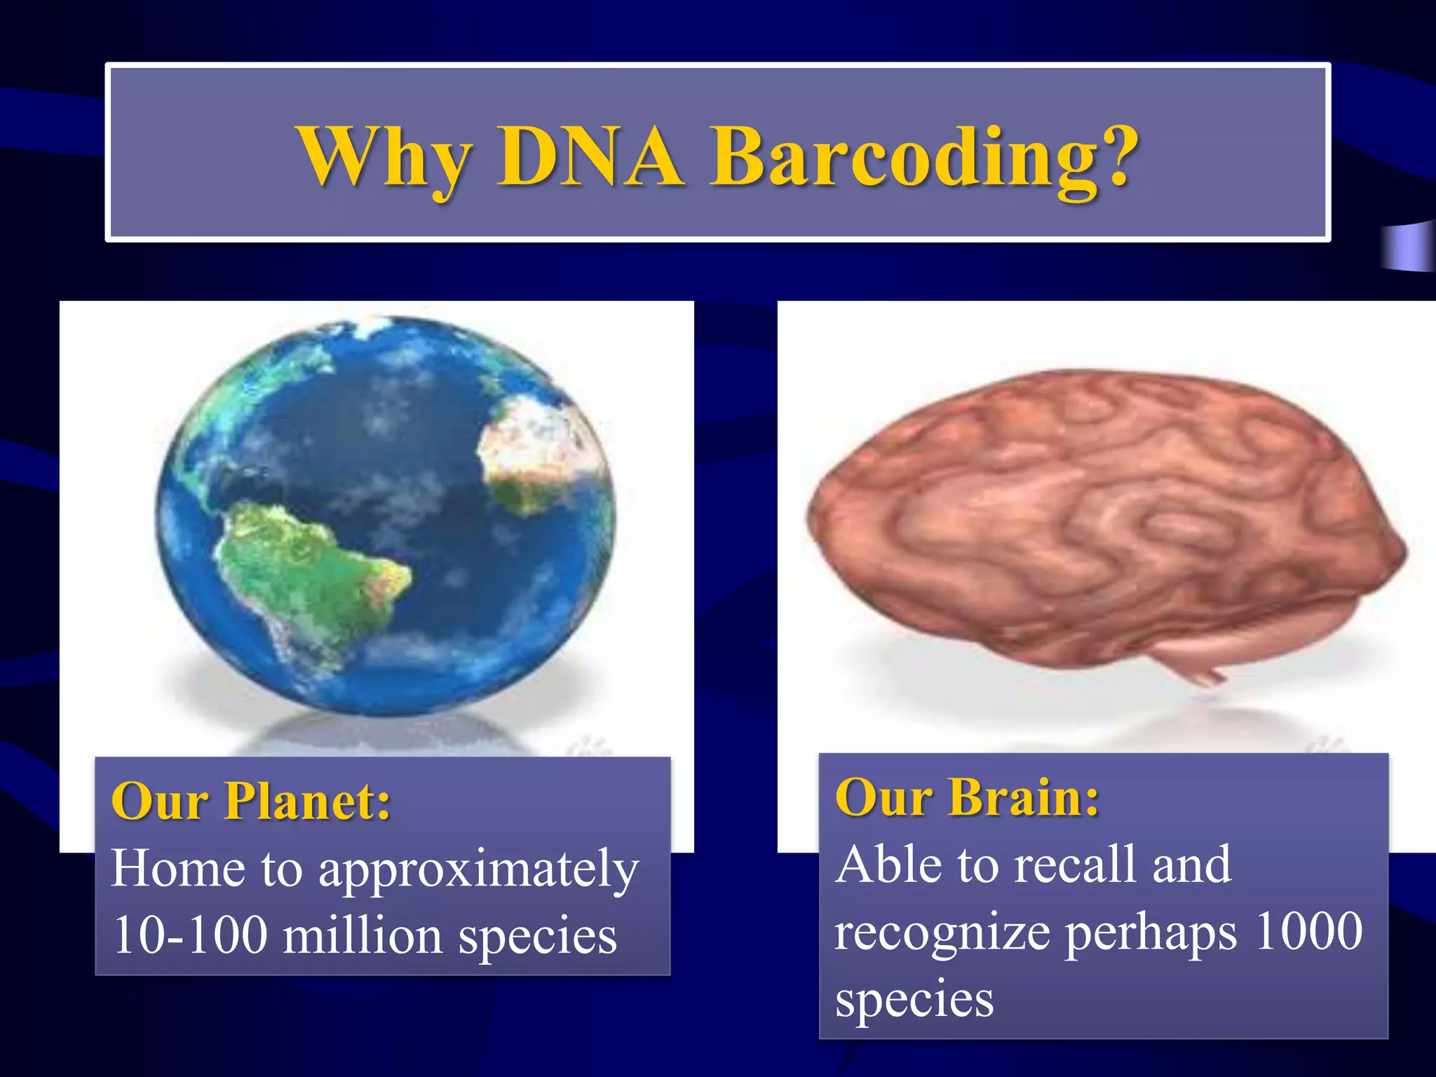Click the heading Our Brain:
click(967, 797)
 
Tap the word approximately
click(479, 870)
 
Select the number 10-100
click(190, 935)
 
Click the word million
click(363, 935)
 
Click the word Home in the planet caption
click(178, 869)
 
